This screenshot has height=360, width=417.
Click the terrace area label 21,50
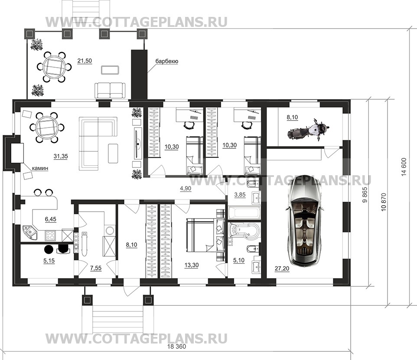(x=85, y=61)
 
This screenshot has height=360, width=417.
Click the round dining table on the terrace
(x=55, y=67)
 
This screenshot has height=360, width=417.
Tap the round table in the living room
(x=46, y=127)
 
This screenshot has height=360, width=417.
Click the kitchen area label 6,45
(x=51, y=219)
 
